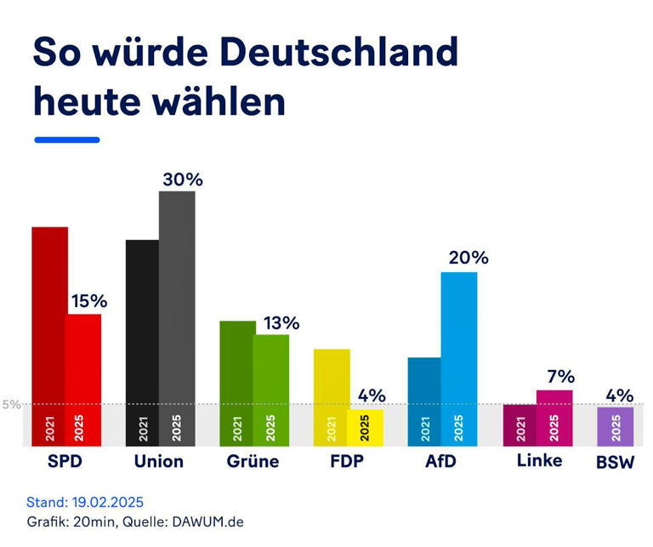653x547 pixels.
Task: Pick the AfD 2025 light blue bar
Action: [459, 358]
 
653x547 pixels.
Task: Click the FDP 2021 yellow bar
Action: [332, 396]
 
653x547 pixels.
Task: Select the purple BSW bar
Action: [616, 426]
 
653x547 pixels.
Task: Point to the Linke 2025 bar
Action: [554, 418]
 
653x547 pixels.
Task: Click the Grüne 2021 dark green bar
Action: [237, 383]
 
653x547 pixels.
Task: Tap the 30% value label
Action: [183, 179]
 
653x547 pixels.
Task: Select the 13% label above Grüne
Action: [281, 323]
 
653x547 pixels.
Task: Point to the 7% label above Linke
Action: [560, 377]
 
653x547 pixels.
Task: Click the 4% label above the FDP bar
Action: [372, 396]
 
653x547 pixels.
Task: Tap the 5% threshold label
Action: [11, 404]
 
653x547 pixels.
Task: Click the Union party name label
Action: [159, 462]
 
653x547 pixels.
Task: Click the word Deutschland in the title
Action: [338, 53]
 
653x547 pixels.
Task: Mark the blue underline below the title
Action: [66, 140]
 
